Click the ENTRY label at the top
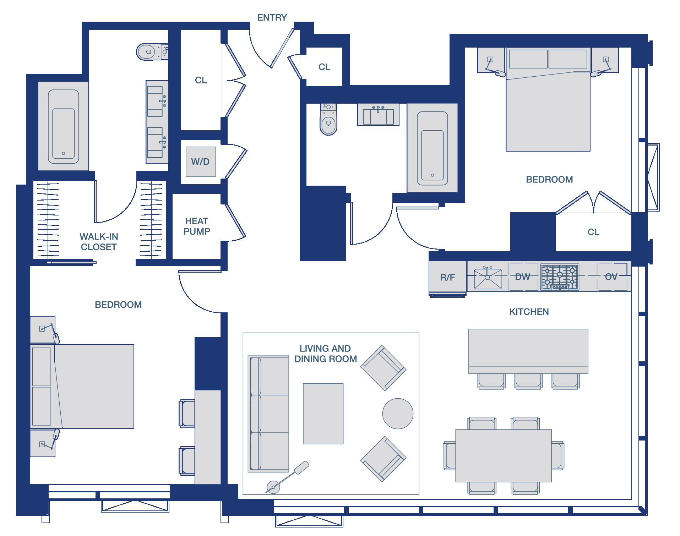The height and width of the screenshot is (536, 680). point(272,17)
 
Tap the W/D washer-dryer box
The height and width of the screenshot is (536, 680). point(201,162)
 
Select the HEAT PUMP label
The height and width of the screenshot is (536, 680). point(197,226)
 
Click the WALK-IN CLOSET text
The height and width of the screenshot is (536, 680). point(99,242)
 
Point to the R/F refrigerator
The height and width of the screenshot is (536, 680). point(447,277)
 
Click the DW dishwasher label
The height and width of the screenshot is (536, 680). point(522,277)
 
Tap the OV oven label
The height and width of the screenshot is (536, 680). point(611,277)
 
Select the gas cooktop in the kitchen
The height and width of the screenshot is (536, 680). point(560,277)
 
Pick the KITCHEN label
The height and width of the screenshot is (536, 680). point(529,312)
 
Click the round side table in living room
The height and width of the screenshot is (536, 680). point(398,414)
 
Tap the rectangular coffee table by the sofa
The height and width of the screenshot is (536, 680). point(323,414)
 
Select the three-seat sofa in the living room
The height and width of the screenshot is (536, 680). point(268,414)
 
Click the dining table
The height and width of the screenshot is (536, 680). point(504,456)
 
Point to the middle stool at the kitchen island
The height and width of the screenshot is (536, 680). point(528,381)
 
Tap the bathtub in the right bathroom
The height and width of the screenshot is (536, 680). point(432,148)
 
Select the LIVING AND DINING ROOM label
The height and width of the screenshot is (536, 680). point(325,354)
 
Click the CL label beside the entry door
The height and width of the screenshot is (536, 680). point(324,67)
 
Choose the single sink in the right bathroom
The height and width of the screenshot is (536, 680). point(378,115)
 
